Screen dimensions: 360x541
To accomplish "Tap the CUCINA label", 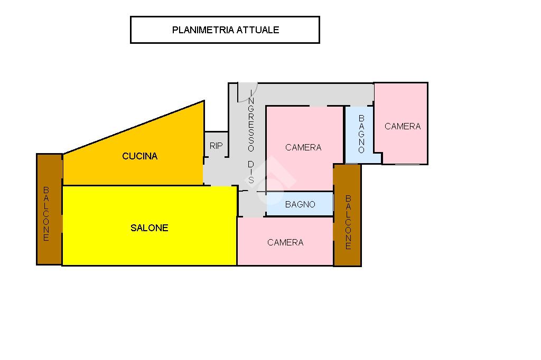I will pos(139,156).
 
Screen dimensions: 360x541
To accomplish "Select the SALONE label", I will pos(149,228).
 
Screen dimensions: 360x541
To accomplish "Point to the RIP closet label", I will pos(216,146).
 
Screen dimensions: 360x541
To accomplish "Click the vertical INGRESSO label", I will pos(251,121).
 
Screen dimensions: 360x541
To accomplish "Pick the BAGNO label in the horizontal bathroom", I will pos(300,205).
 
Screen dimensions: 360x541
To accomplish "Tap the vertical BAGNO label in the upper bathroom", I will pos(361,135).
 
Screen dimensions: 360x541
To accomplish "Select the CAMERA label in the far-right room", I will pos(403,127).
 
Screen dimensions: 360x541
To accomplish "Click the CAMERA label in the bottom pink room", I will pos(285,243).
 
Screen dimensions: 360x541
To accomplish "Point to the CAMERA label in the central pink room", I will pos(303,148).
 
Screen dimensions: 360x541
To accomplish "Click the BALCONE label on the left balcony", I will pos(46,214).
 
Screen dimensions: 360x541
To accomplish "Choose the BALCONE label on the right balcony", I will pos(348,222).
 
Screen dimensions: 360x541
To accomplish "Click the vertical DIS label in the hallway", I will pos(251,172).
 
